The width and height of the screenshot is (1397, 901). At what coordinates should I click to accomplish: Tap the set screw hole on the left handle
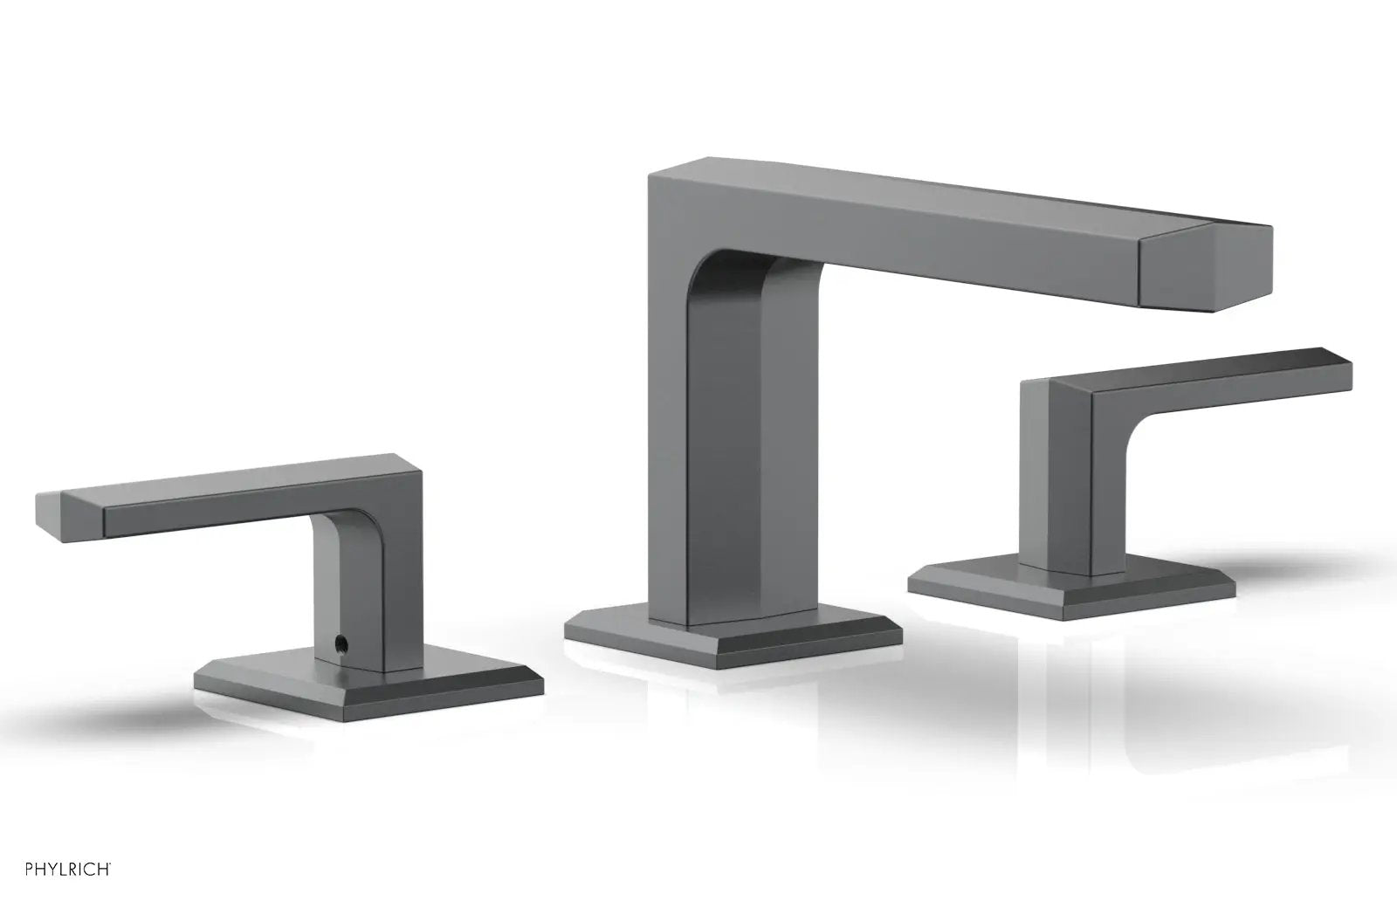tap(340, 640)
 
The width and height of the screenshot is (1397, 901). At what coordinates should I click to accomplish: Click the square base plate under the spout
tap(733, 636)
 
